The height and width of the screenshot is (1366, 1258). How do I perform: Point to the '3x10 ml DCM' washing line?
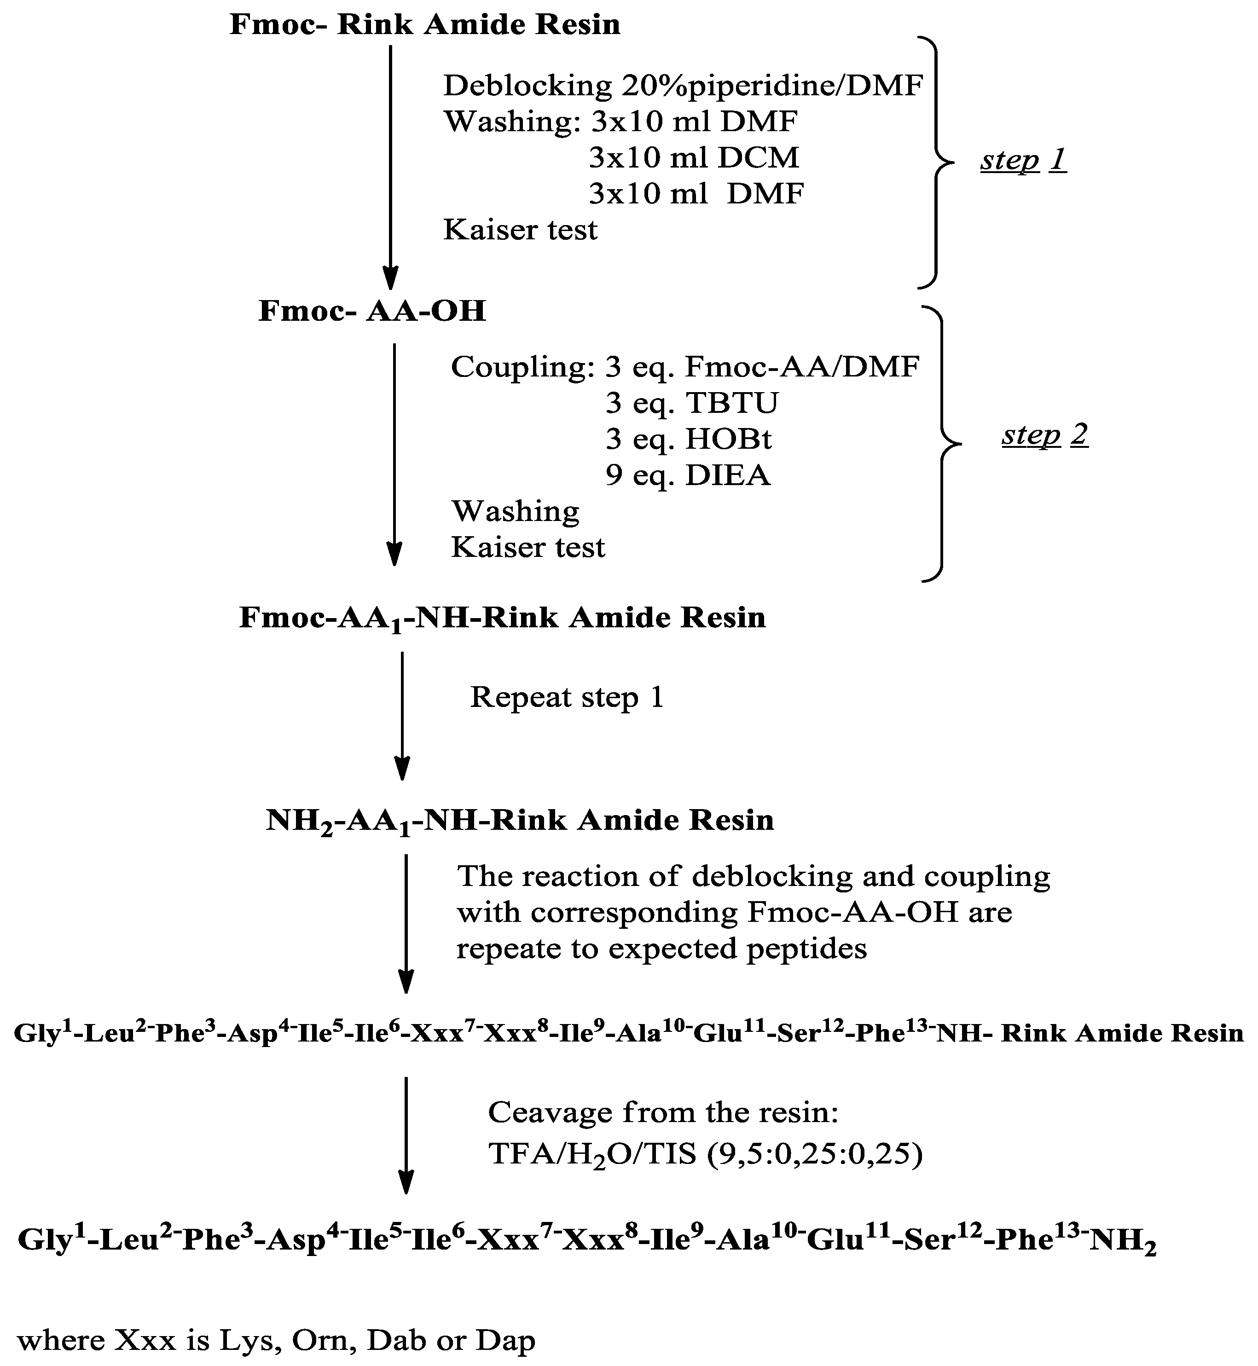tap(693, 158)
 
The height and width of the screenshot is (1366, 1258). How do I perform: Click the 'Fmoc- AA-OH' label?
tap(372, 311)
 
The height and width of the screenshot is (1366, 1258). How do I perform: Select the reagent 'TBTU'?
tap(732, 403)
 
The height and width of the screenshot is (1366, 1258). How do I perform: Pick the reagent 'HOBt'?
tap(728, 439)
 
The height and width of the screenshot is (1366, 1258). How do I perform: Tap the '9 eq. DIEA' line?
tap(688, 475)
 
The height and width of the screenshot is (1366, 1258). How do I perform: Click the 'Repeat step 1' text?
tap(566, 697)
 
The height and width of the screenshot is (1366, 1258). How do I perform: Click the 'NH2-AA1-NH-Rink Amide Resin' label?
tap(519, 820)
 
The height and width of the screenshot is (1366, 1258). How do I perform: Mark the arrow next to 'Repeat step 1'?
tap(402, 715)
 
